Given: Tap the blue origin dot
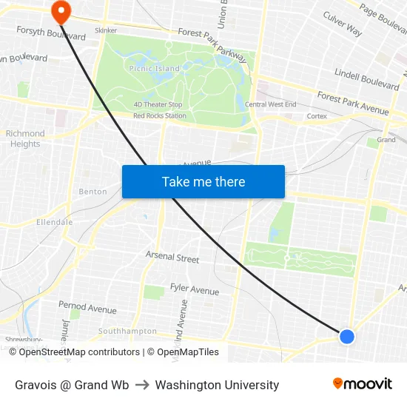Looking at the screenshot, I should coord(347,337).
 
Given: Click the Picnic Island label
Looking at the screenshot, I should coord(153,69).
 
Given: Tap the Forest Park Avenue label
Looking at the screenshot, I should coord(352,102).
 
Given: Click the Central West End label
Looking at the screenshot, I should coord(270,105).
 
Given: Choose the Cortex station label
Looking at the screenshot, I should coord(317,116).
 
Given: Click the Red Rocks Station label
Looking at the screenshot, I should coord(159,116).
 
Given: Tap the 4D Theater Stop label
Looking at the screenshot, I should coord(158,105).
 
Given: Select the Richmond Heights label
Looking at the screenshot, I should coord(25,138).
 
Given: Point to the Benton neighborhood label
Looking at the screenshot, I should coord(92,192).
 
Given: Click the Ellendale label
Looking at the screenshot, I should coord(54,222).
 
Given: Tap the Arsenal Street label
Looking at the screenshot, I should coord(172,258).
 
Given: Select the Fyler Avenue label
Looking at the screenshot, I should coord(194,289).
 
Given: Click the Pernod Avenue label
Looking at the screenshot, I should coord(87,307).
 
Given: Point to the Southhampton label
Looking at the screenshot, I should coord(127,332).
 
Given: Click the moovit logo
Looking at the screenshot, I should coord(363,384).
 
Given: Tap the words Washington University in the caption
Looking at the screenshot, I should coord(217,385).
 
